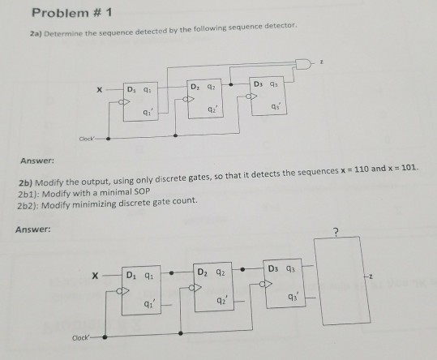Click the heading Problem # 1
72,13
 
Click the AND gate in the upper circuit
303,64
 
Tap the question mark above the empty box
336,232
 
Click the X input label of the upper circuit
99,90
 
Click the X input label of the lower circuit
95,276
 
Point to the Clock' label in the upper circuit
87,139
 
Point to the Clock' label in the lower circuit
81,338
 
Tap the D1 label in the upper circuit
131,89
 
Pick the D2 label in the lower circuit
203,272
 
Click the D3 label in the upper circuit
258,84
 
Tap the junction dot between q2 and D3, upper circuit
231,84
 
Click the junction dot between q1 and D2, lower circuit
172,272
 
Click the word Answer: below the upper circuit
37,161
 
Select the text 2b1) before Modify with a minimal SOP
28,194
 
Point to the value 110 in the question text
362,169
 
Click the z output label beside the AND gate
321,62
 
